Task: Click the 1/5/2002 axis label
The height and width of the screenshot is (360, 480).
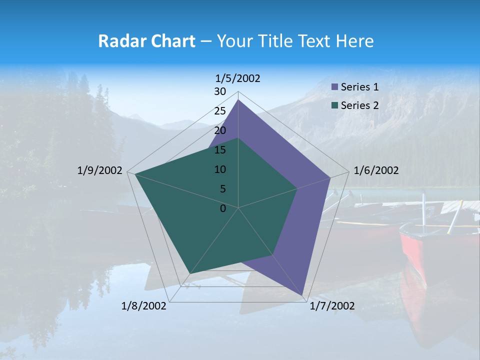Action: (x=238, y=78)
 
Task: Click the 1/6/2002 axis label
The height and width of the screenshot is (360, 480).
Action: (x=376, y=170)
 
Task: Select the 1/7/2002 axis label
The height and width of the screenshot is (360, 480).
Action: (x=332, y=306)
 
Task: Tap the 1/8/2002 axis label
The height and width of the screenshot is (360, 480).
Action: (x=144, y=306)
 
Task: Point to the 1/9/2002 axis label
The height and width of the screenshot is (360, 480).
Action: (x=100, y=170)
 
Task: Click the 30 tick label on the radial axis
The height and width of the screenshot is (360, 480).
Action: (x=220, y=91)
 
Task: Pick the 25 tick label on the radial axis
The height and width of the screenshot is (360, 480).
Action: (x=220, y=111)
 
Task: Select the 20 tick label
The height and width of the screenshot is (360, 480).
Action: (x=220, y=130)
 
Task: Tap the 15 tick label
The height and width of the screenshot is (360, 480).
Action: (x=220, y=150)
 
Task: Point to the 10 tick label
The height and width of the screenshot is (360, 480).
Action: (x=220, y=169)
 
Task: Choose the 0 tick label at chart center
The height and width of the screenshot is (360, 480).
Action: (x=223, y=208)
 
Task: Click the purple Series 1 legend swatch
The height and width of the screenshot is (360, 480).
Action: (x=335, y=87)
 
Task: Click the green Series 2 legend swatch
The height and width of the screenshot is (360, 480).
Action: (x=335, y=105)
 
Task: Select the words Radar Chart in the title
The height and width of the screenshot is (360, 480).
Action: (x=146, y=41)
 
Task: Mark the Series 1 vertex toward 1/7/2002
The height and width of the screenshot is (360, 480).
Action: (x=303, y=295)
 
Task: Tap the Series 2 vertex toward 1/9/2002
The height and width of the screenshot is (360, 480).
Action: (x=135, y=174)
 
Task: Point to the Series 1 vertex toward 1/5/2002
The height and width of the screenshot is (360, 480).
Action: (x=238, y=100)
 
